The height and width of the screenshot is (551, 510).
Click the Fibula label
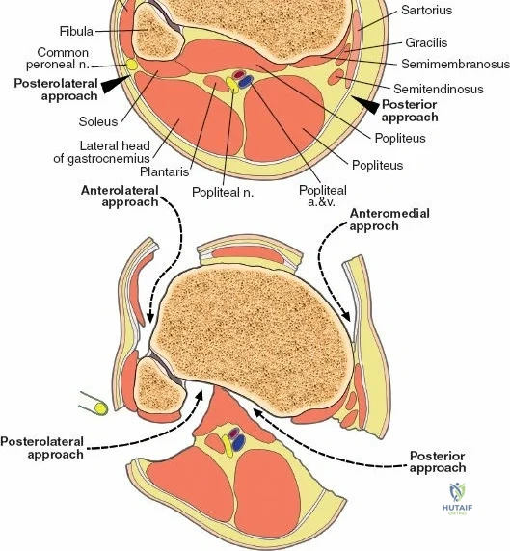[76, 31]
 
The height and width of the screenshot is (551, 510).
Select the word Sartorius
[427, 10]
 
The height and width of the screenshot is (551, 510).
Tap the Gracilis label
[426, 43]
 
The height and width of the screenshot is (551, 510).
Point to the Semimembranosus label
[455, 64]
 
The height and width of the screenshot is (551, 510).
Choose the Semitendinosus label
[439, 89]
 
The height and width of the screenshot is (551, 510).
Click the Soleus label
[98, 121]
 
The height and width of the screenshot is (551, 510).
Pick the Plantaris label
[165, 171]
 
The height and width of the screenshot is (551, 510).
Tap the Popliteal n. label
[223, 193]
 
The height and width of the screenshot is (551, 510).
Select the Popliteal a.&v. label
[323, 196]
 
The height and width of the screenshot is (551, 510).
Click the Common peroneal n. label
[58, 59]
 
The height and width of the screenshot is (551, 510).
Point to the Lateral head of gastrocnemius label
[101, 152]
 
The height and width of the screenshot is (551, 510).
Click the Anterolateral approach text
[120, 197]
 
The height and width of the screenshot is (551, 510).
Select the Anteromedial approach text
[389, 220]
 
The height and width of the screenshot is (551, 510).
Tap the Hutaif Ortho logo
[457, 499]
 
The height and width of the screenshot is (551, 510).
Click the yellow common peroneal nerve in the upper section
[131, 65]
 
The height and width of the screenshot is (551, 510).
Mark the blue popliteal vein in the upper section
[246, 82]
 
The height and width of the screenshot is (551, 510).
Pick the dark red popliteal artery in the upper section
[239, 74]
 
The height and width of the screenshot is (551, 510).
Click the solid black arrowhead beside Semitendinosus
[365, 104]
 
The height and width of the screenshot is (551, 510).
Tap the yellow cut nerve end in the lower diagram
[100, 408]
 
